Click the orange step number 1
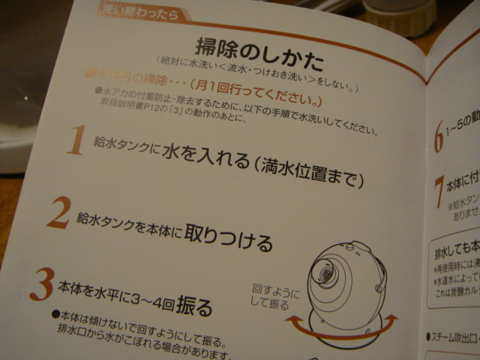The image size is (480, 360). point(76,141)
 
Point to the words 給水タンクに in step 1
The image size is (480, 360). point(123,148)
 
